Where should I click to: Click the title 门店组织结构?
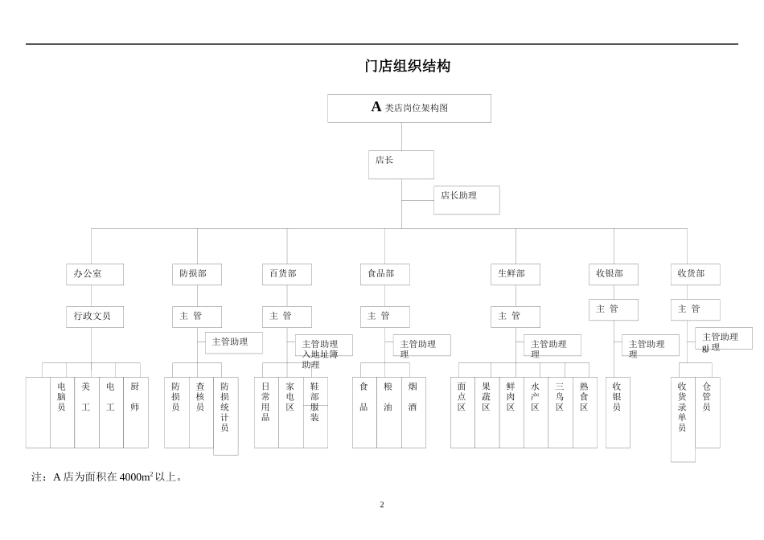(x=407, y=66)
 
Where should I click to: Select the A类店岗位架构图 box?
(x=409, y=108)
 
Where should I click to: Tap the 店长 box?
(x=400, y=165)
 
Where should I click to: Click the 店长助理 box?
(x=466, y=200)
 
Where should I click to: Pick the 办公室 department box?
(x=95, y=274)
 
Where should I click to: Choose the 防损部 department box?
(x=197, y=274)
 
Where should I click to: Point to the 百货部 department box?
(x=287, y=274)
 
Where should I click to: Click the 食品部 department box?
(x=385, y=274)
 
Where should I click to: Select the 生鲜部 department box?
(x=515, y=274)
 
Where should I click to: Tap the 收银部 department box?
(x=614, y=274)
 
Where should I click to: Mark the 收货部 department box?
(x=696, y=274)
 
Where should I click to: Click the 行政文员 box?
(x=95, y=317)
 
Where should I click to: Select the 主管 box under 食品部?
(x=385, y=317)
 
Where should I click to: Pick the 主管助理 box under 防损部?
(x=234, y=342)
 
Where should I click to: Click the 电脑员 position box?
(x=62, y=412)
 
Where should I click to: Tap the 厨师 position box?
(x=135, y=412)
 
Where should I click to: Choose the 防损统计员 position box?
(x=225, y=415)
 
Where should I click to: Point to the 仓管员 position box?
(x=707, y=412)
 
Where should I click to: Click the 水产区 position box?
(x=536, y=412)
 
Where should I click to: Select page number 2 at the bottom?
(x=382, y=505)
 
